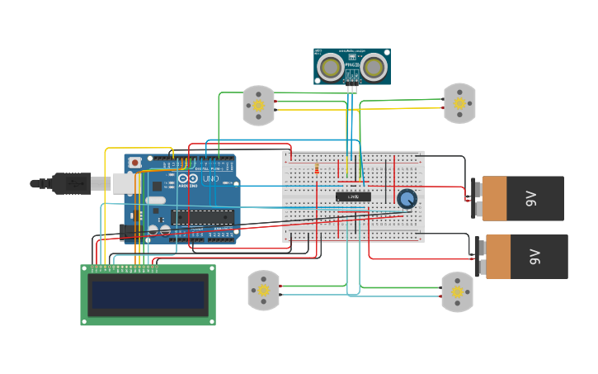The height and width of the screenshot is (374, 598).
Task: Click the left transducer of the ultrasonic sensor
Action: (331, 67)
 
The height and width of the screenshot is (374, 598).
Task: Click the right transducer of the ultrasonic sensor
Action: (374, 67)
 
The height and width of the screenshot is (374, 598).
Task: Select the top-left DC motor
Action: (258, 106)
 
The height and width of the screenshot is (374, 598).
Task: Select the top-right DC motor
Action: (459, 104)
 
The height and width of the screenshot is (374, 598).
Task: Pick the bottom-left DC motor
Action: (263, 291)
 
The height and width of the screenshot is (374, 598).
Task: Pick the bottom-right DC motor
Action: (457, 291)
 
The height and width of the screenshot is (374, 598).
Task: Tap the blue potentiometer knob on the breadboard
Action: (407, 198)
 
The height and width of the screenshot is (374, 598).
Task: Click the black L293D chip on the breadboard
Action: (353, 196)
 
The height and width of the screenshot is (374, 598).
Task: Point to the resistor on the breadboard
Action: (317, 170)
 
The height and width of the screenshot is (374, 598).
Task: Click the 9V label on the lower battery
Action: (534, 257)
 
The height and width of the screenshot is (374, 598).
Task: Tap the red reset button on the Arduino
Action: (135, 162)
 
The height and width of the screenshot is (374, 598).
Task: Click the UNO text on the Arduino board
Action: (210, 178)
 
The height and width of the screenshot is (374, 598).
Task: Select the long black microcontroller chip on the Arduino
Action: (202, 217)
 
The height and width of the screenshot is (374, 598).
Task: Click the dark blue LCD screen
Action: (148, 295)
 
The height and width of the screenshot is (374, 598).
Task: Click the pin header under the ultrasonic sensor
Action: (352, 88)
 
